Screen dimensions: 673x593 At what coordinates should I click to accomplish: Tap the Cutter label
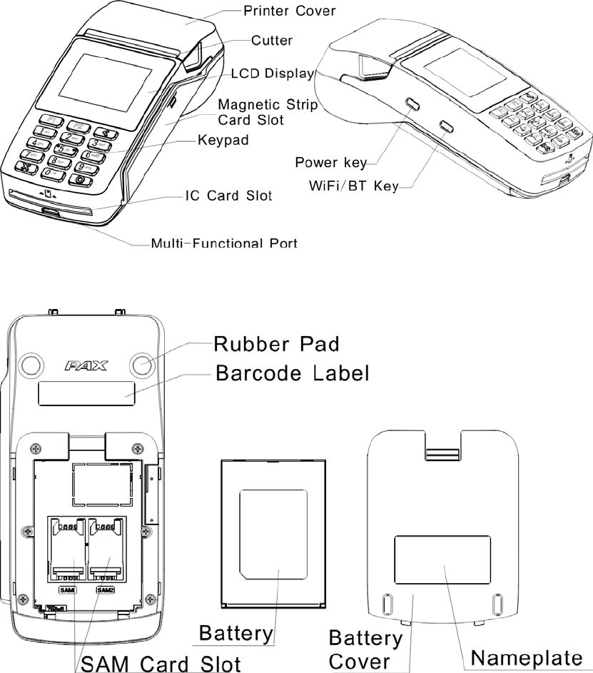[271, 41]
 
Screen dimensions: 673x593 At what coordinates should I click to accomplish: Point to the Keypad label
[223, 141]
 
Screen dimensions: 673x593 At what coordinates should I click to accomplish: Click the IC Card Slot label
[225, 195]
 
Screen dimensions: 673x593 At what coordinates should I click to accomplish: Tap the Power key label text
[330, 163]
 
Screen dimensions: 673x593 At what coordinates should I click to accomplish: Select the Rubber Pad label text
[277, 344]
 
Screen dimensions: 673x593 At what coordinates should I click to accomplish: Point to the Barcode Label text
[292, 373]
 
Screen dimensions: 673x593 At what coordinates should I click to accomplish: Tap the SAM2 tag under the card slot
[105, 589]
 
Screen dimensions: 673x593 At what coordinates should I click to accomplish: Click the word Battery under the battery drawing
[235, 632]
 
